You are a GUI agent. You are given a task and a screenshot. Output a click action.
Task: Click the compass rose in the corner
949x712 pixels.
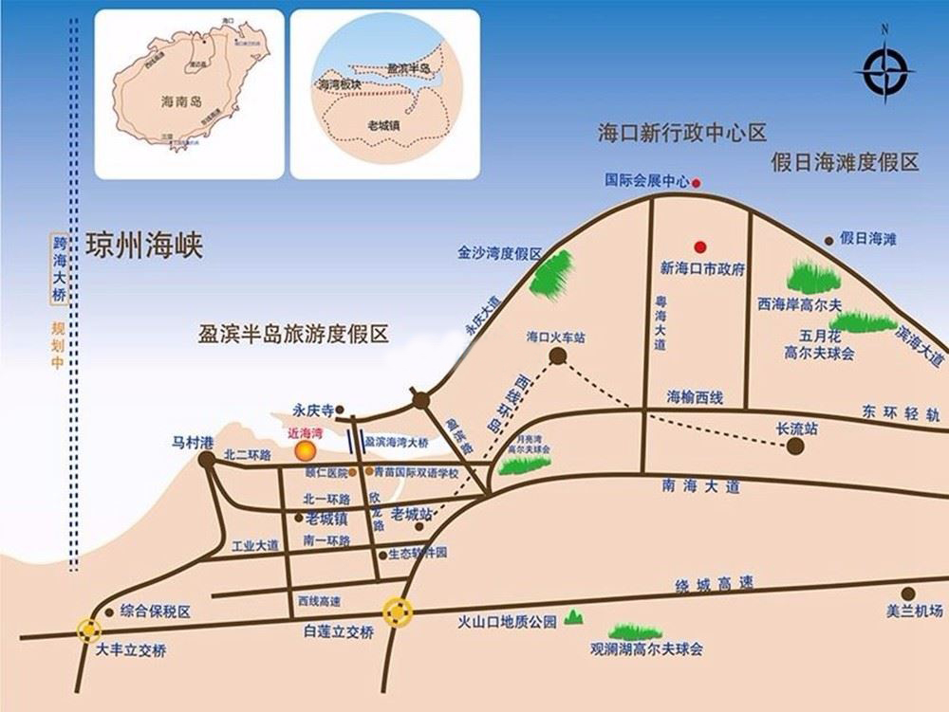(884, 72)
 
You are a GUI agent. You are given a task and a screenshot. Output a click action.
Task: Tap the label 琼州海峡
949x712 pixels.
(144, 245)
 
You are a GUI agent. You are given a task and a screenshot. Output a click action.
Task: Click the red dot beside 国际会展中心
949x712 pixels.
(697, 181)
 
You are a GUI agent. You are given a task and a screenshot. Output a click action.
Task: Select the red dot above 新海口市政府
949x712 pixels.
(701, 245)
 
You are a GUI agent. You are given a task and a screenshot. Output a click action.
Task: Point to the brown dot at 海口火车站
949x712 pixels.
(558, 356)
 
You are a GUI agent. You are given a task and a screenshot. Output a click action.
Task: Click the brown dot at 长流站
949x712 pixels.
(795, 446)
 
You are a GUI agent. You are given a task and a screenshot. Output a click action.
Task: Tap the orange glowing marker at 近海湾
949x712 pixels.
(304, 449)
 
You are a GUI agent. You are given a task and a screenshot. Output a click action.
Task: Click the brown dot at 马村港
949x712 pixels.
(207, 460)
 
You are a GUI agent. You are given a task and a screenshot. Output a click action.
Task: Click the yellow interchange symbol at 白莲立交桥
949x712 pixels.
(398, 613)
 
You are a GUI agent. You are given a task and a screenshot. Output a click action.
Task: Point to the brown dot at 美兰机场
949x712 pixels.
(908, 593)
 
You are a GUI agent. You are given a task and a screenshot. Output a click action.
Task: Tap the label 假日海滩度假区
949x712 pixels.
(845, 162)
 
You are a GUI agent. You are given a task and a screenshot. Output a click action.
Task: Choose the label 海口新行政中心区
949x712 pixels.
(681, 132)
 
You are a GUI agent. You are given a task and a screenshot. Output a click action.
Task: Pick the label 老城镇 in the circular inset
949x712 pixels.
(382, 124)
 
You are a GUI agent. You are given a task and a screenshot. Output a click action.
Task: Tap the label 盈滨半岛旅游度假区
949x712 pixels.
(294, 334)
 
